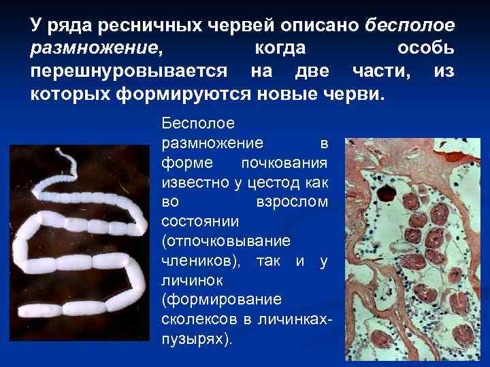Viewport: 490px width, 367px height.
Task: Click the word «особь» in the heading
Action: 426,49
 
